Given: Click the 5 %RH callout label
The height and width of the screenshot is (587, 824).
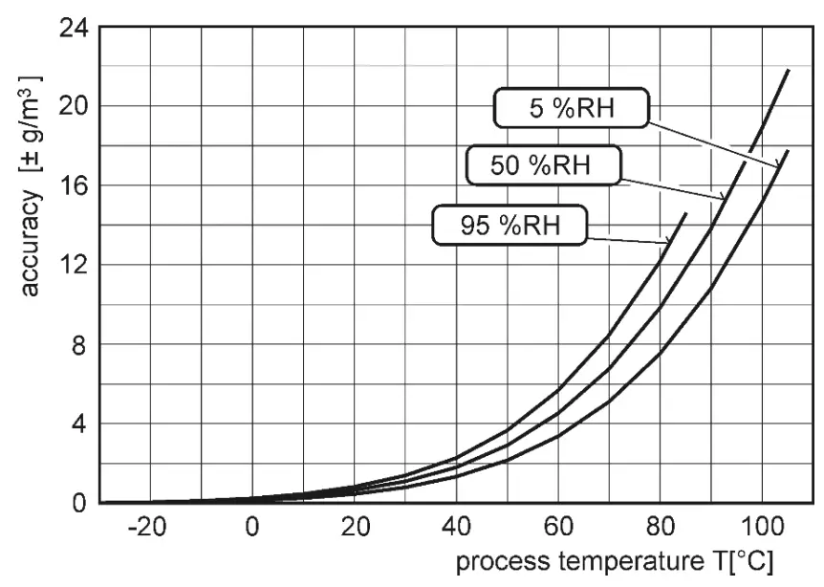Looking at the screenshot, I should pyautogui.click(x=572, y=109).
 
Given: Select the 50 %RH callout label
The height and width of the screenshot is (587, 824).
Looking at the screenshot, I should pyautogui.click(x=543, y=164).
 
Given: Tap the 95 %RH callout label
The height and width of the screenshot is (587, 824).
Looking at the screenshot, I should pyautogui.click(x=510, y=226).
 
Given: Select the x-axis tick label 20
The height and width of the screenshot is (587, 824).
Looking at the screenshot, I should pyautogui.click(x=355, y=528).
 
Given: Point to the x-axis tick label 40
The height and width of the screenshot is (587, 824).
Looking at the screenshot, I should pyautogui.click(x=456, y=528).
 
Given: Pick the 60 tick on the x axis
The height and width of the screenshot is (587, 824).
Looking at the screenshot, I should pyautogui.click(x=558, y=528).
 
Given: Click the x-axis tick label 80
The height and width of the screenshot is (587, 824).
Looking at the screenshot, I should pyautogui.click(x=660, y=528).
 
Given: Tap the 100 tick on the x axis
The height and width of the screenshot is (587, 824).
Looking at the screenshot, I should pyautogui.click(x=762, y=528).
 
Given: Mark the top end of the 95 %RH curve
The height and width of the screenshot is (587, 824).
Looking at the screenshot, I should pyautogui.click(x=685, y=213).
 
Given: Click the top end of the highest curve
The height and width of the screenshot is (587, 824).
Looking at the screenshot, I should pyautogui.click(x=788, y=70).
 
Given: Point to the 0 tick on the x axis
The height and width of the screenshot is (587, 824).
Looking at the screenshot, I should pyautogui.click(x=252, y=528).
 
